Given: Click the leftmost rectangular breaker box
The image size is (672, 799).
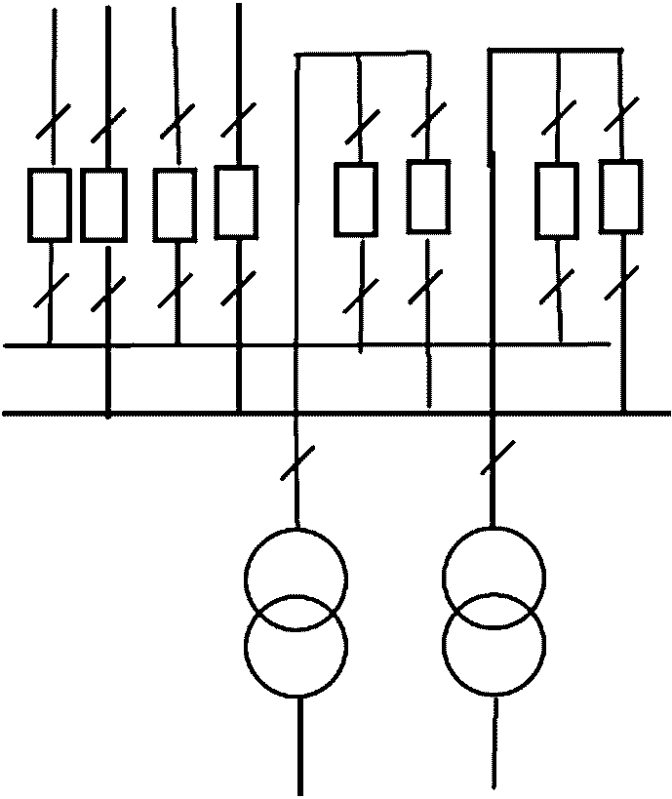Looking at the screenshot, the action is coord(49,205).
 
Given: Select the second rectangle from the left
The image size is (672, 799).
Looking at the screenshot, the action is coord(103,205).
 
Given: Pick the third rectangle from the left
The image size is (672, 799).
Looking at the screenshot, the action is coord(176,205).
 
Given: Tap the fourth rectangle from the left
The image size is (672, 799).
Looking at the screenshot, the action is coord(236,201).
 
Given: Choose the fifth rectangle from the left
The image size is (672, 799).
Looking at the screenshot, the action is coord(356,199).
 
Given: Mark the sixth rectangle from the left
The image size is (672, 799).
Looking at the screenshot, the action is coord(427,196).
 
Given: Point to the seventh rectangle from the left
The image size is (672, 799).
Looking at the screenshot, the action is coord(557,200).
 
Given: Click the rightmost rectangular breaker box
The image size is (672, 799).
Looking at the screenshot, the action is coord(620,197).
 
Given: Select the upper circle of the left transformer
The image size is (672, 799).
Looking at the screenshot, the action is coord(296,577).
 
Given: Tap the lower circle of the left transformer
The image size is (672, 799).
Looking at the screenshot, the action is coord(296,646).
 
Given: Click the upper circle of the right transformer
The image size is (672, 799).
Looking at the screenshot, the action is coord(494,577).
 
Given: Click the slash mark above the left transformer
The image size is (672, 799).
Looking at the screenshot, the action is coord(296,463).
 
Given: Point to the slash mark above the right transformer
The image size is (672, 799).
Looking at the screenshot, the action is coord(495,458).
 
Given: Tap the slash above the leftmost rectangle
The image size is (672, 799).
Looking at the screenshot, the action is coord(49,128).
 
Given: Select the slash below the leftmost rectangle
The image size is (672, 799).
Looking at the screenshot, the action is coord(50,290).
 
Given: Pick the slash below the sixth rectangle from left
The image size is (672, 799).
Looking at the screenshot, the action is coord(426,289).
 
